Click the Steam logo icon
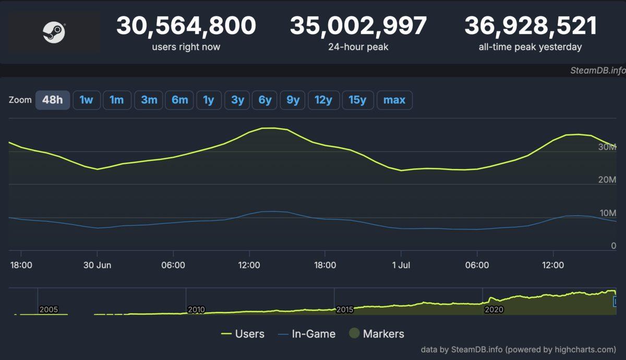(x=54, y=32)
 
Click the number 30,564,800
(x=186, y=26)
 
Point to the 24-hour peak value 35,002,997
(x=358, y=26)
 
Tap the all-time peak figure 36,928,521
(x=530, y=26)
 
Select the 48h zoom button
(x=52, y=100)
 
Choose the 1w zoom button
(x=86, y=100)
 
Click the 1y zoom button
(x=209, y=100)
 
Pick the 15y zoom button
(x=357, y=100)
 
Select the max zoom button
(x=394, y=100)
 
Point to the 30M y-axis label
(x=607, y=147)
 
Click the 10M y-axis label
(x=607, y=213)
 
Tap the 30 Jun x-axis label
(x=97, y=265)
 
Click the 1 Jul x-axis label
(x=401, y=265)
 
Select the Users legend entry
(x=243, y=334)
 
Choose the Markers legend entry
(x=377, y=334)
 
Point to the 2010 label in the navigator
(x=196, y=310)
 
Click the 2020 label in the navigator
(x=493, y=310)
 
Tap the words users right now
(x=186, y=47)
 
